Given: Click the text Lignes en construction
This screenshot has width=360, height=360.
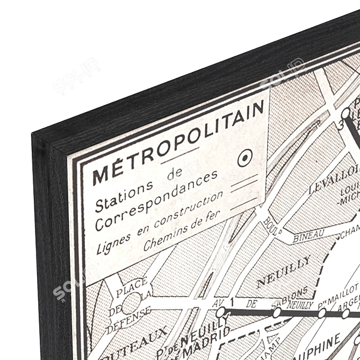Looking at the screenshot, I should [x=160, y=223].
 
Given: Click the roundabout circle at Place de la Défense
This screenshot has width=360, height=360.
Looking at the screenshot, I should [x=131, y=304].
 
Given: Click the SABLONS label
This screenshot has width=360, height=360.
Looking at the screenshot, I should [x=293, y=295].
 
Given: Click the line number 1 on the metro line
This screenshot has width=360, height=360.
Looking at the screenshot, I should [x=232, y=302].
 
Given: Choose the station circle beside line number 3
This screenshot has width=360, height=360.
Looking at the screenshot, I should [x=347, y=113].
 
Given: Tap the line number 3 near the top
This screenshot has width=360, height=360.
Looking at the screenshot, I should [x=340, y=125].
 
